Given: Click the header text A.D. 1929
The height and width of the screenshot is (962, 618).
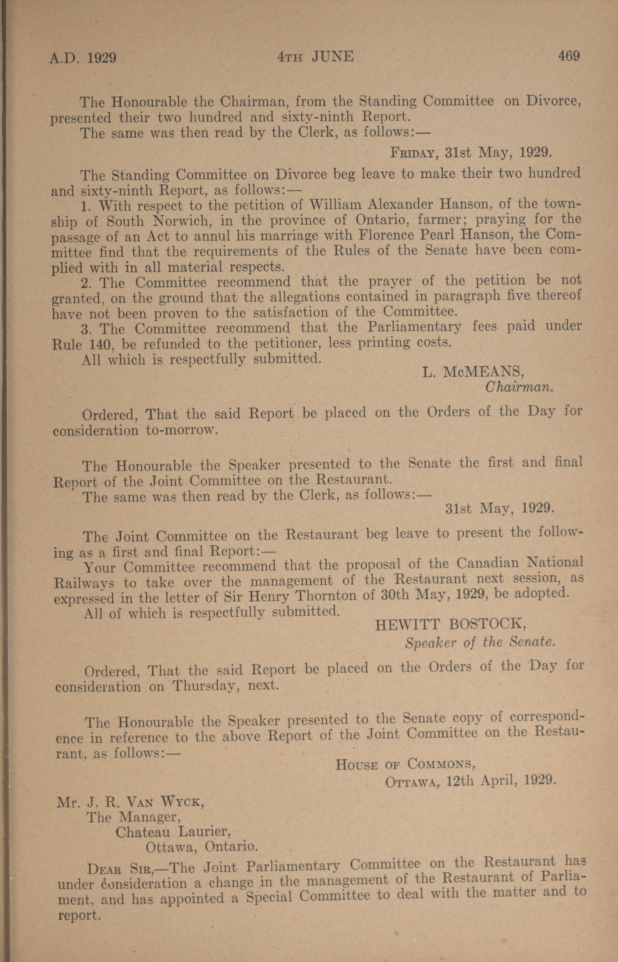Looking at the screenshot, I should pos(83,59).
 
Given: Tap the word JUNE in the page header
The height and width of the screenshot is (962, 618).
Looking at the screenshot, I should pos(332,57).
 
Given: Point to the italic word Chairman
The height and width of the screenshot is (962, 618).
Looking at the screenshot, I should pos(519,387).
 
